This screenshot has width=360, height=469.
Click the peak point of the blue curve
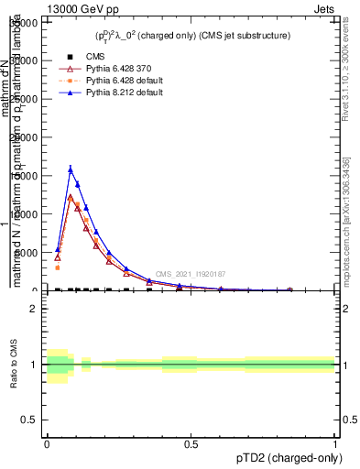[71, 169]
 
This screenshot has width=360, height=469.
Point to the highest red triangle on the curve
[71, 198]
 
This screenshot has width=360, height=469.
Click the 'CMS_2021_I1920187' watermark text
[190, 274]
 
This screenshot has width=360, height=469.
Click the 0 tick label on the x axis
[47, 442]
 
